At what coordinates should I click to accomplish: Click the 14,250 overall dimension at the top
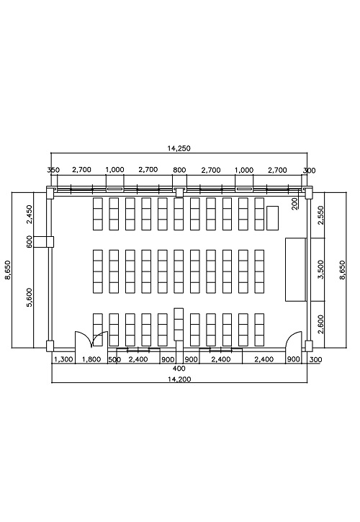point(179,148)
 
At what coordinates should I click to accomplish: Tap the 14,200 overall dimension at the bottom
point(179,379)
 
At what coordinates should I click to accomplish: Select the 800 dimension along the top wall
point(179,170)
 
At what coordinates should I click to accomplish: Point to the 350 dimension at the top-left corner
point(53,170)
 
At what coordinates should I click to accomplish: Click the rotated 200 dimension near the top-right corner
point(294,204)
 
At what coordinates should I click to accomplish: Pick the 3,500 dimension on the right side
point(320,269)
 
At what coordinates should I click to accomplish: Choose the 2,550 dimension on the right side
point(320,215)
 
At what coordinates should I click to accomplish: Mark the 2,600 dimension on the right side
point(320,325)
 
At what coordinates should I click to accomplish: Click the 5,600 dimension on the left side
point(30,297)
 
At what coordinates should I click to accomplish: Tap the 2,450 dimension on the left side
point(30,215)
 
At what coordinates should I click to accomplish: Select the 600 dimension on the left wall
point(30,242)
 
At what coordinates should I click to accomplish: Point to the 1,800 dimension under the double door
point(91,359)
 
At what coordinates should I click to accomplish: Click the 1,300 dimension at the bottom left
point(63,359)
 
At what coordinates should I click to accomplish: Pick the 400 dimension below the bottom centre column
point(179,369)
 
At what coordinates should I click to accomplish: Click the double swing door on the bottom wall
point(91,339)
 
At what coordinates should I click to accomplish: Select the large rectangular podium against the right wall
point(295,270)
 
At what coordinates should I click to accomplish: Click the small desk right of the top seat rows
point(272,218)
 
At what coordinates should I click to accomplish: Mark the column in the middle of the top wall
point(179,192)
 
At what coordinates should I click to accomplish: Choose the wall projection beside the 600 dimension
point(44,242)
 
